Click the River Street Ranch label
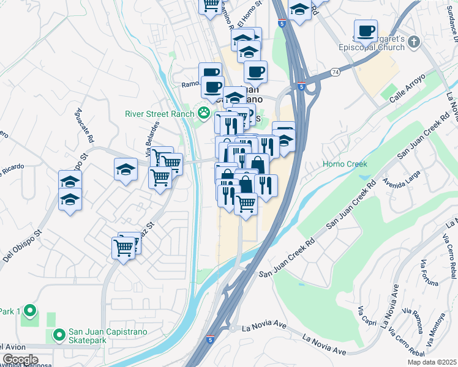point(159,113)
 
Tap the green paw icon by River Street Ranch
point(203,113)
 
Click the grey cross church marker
point(414,42)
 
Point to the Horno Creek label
point(345,164)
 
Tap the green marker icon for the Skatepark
point(59,335)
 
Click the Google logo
point(20,360)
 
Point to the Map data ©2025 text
point(432,362)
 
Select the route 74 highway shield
point(336,72)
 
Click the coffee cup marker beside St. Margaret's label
point(366,31)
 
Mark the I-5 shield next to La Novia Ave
point(210,339)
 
